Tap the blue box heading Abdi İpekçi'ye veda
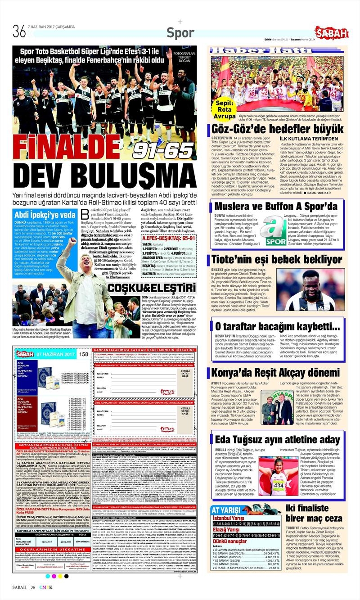pyautogui.click(x=45, y=214)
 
